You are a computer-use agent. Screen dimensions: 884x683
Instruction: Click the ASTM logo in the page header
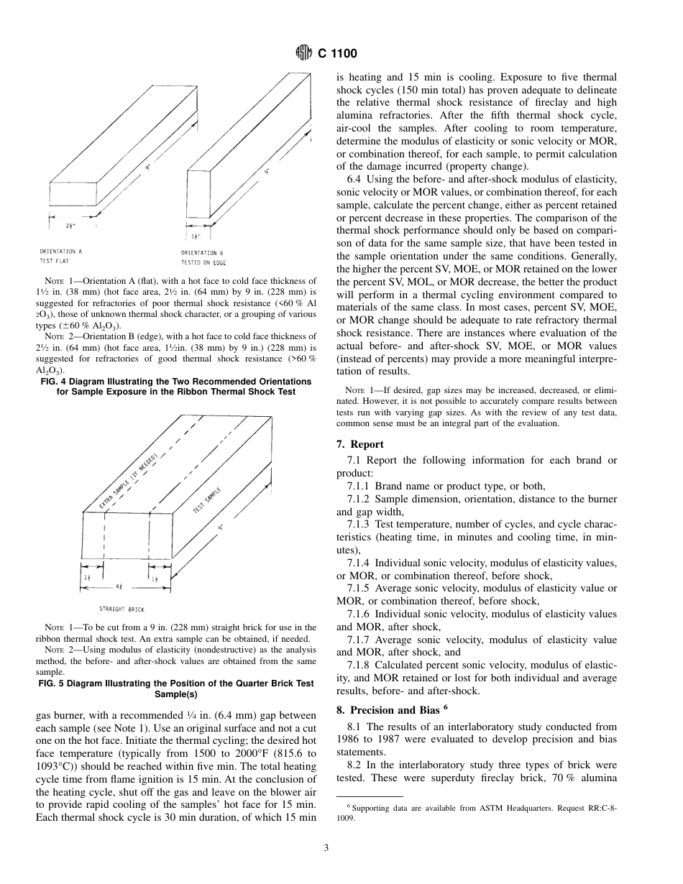(304, 53)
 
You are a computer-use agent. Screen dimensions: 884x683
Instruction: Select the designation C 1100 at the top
(337, 54)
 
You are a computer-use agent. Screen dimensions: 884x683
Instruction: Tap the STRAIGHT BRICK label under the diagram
(122, 609)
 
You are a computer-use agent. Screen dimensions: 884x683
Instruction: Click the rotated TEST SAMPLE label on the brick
(208, 500)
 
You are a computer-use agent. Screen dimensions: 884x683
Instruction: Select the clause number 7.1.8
(359, 666)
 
